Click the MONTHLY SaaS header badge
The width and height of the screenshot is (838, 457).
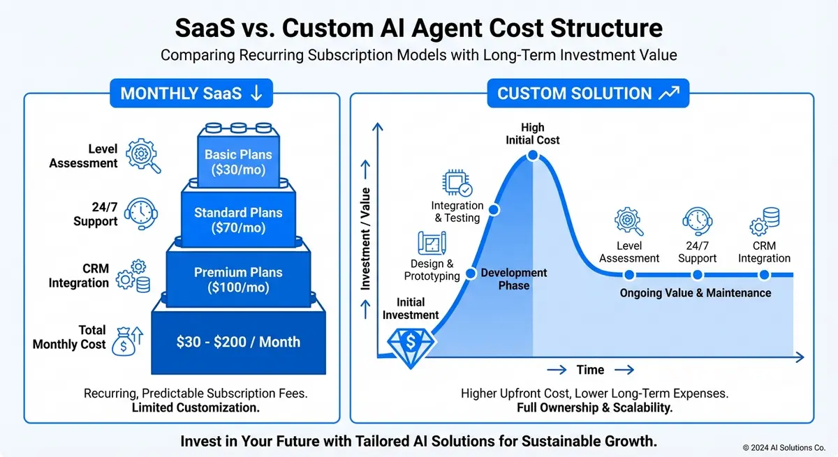pyautogui.click(x=191, y=93)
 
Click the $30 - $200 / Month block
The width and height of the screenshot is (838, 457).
pyautogui.click(x=238, y=342)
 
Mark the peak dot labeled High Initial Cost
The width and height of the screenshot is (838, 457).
pyautogui.click(x=532, y=155)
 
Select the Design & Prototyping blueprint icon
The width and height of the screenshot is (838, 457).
pyautogui.click(x=432, y=244)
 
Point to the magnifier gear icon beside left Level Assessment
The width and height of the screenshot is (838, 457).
pyautogui.click(x=145, y=156)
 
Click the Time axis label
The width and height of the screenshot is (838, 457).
pyautogui.click(x=590, y=370)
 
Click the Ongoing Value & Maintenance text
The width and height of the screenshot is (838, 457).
pyautogui.click(x=695, y=293)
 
